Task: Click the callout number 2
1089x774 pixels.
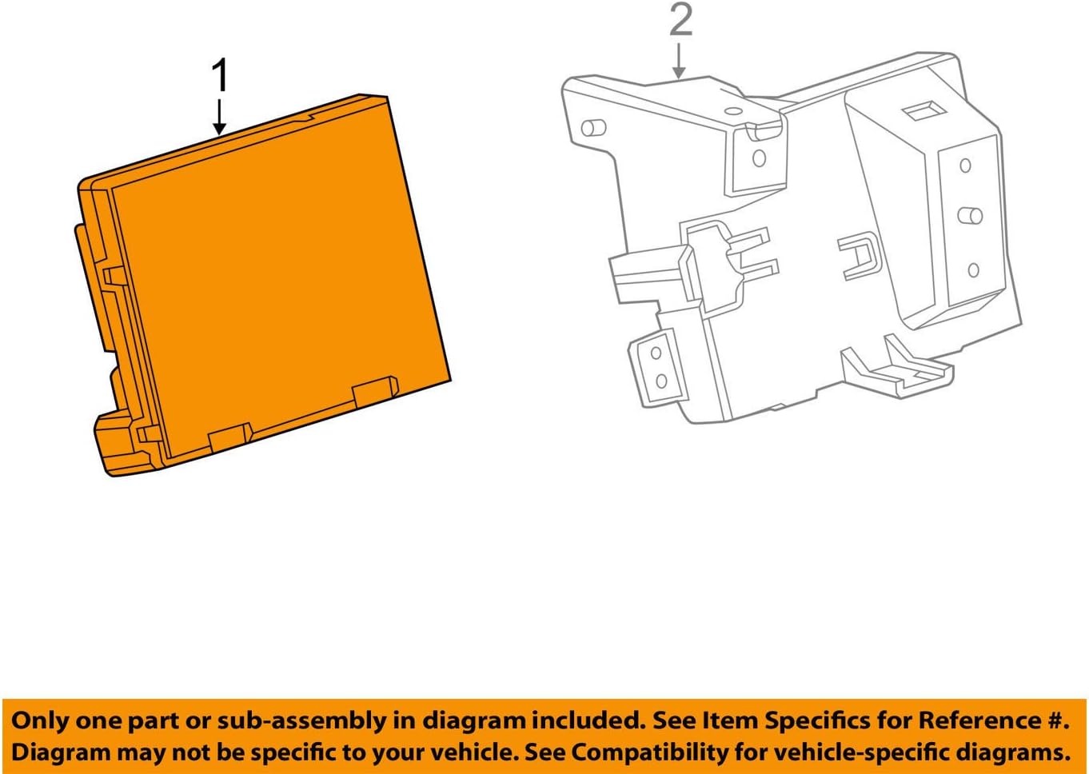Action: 680,20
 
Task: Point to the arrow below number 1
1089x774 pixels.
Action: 220,117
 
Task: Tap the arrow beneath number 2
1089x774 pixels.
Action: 679,62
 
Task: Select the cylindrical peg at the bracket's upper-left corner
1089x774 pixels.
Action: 593,127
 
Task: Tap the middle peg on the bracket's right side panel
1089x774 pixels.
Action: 970,215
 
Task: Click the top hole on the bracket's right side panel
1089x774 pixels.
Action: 965,166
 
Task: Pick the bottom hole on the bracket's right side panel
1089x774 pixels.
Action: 973,269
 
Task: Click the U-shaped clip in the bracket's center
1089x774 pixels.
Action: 859,255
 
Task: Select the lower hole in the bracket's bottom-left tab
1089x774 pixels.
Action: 661,381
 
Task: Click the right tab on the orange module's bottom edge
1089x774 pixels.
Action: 375,391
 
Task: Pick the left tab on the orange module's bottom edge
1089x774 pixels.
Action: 230,437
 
